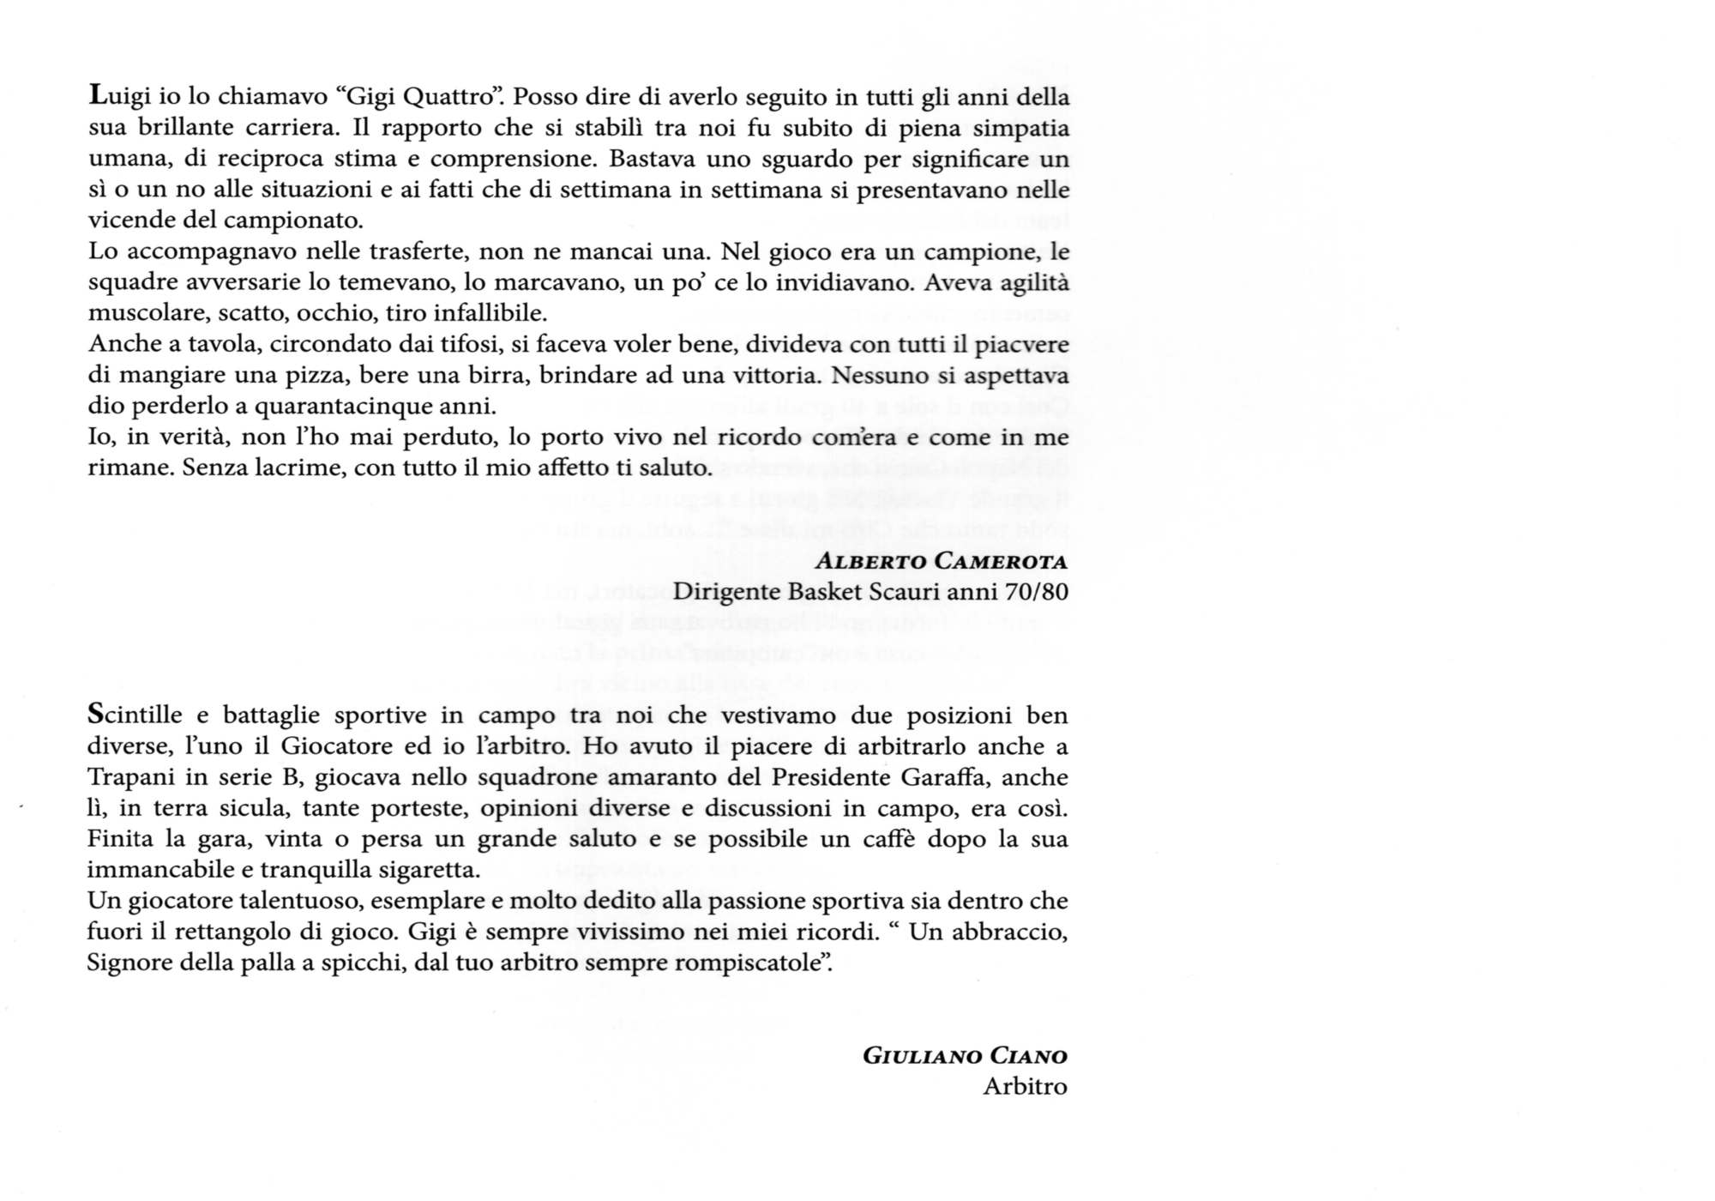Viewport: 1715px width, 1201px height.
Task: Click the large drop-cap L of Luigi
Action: (96, 95)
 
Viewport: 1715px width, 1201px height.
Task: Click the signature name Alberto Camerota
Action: (941, 562)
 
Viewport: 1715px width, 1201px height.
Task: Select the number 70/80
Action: (1038, 592)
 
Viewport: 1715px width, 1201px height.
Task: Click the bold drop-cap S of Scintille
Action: (95, 714)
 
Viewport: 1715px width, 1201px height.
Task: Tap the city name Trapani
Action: (126, 777)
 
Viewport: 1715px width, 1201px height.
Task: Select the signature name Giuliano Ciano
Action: (965, 1056)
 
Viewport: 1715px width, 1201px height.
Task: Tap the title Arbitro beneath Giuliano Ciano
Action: (1025, 1087)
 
